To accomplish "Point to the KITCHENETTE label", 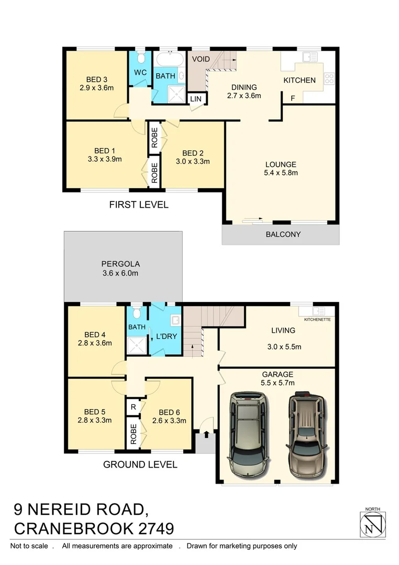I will click(x=317, y=319).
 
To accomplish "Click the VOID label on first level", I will click(x=200, y=59).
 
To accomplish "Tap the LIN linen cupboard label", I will click(x=196, y=98).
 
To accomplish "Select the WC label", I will click(x=140, y=72).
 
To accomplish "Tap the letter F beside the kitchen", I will click(x=293, y=97).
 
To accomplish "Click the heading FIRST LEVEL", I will click(x=139, y=205).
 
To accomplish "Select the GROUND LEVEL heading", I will click(x=140, y=464).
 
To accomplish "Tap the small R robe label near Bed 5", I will click(x=133, y=406).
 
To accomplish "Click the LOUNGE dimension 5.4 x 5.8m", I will click(x=281, y=173).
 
